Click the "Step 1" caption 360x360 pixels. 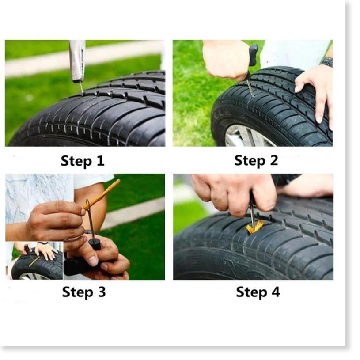click(83, 161)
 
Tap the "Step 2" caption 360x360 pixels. click(256, 161)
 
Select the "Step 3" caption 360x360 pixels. click(84, 292)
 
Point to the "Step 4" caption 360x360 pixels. click(258, 292)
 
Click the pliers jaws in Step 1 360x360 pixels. click(78, 61)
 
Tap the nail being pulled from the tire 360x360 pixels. click(81, 88)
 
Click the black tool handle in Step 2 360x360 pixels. click(253, 55)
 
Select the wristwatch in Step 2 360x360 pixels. click(326, 61)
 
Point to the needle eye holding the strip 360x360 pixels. click(87, 204)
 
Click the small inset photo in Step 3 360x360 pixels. click(34, 261)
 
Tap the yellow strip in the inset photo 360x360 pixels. click(34, 262)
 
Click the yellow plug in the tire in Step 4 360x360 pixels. click(254, 227)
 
